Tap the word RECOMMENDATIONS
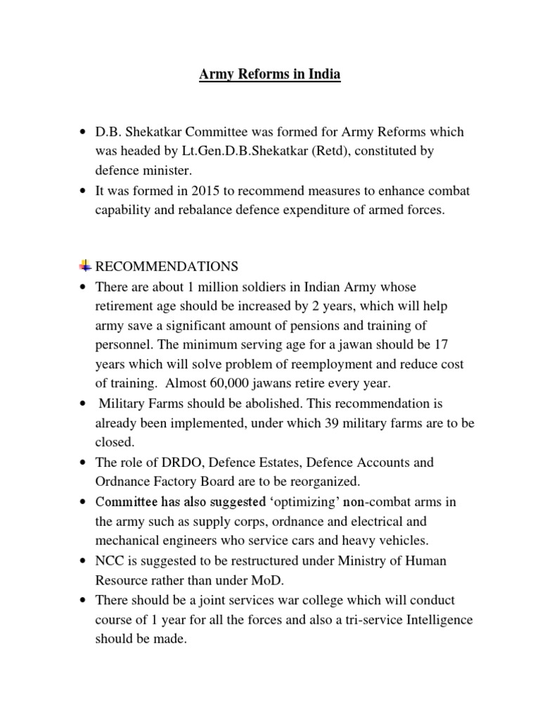tap(167, 267)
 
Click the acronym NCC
tap(110, 561)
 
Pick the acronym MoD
tap(273, 581)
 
